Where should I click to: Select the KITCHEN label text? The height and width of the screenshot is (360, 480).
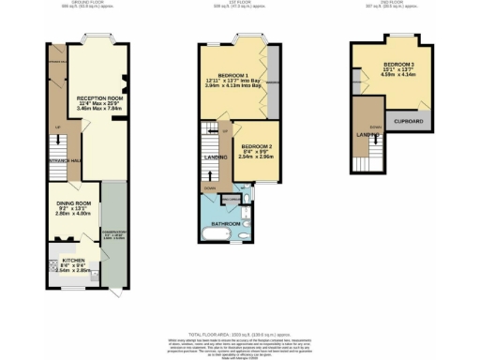point(73,260)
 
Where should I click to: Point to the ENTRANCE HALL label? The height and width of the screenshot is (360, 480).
point(63,159)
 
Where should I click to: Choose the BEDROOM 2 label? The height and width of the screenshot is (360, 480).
point(256,147)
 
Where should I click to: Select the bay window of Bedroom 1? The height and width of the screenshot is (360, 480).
point(247,42)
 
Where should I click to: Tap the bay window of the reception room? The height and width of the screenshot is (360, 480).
point(98,42)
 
